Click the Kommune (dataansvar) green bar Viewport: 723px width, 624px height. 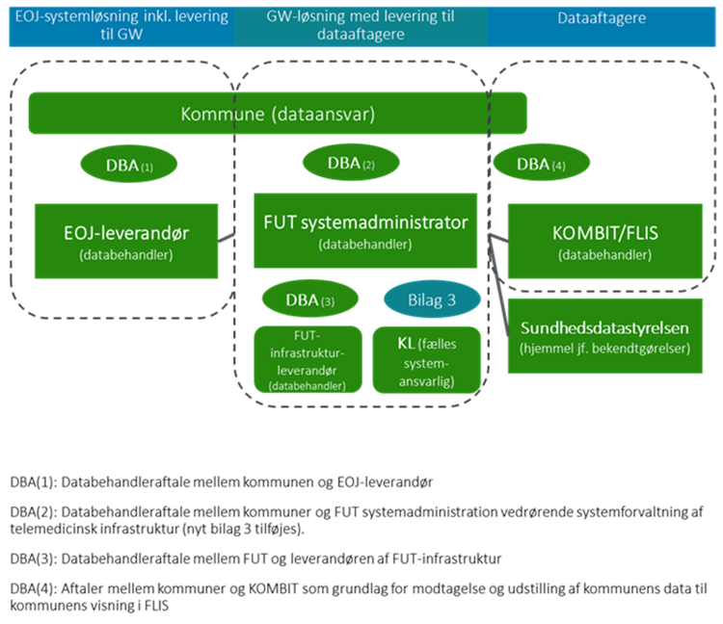278,114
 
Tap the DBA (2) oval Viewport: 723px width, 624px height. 351,163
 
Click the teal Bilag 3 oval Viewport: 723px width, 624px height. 432,299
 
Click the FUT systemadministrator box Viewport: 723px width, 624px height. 365,230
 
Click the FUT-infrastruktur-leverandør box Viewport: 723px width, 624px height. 307,358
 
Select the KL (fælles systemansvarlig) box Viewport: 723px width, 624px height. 427,358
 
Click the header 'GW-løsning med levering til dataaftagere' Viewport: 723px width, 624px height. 360,26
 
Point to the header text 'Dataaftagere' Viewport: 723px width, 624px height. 602,17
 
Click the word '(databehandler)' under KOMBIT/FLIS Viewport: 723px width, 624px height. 604,255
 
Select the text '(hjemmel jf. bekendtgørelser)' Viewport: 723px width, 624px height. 604,349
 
